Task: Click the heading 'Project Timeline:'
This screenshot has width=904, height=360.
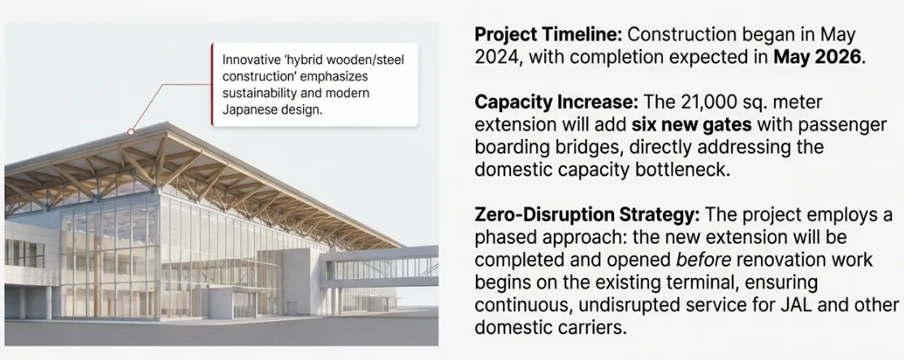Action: coord(548,36)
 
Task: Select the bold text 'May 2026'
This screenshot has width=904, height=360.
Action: coord(819,58)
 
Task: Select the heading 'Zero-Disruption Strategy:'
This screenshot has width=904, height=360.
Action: coord(587,216)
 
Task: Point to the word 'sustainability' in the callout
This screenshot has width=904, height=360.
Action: coord(262,93)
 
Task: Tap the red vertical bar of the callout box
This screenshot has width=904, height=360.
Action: coord(212,85)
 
